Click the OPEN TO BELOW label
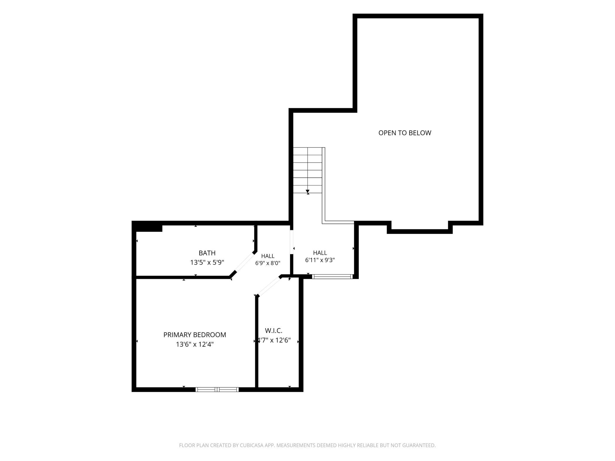point(405,133)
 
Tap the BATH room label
point(207,253)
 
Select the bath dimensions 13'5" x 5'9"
point(207,262)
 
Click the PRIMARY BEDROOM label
point(195,335)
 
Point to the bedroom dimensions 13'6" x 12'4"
point(195,344)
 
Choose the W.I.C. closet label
point(273,331)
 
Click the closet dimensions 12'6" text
point(283,340)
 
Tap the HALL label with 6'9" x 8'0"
point(268,256)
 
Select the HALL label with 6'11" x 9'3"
point(320,253)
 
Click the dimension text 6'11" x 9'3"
point(320,260)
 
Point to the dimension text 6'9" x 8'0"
point(268,263)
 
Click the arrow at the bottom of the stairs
point(307,192)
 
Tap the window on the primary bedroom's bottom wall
point(217,389)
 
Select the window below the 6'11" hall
point(333,277)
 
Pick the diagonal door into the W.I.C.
point(269,286)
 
